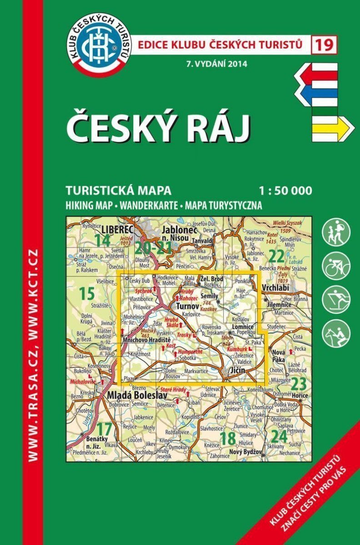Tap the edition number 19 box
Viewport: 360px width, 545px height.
point(324,45)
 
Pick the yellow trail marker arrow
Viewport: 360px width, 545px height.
point(332,127)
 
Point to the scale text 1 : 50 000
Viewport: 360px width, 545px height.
point(282,191)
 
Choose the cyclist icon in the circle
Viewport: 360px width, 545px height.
point(336,266)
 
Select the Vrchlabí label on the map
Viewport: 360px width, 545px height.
point(278,288)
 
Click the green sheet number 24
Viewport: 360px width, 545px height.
point(279,437)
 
